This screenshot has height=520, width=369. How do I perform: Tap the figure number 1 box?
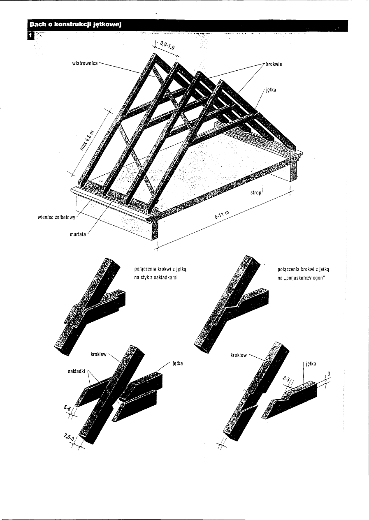tap(30, 36)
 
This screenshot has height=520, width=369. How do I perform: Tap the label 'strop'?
tap(256, 192)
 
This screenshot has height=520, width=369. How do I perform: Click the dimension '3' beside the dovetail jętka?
tap(328, 373)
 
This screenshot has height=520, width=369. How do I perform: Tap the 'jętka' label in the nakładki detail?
tap(177, 364)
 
